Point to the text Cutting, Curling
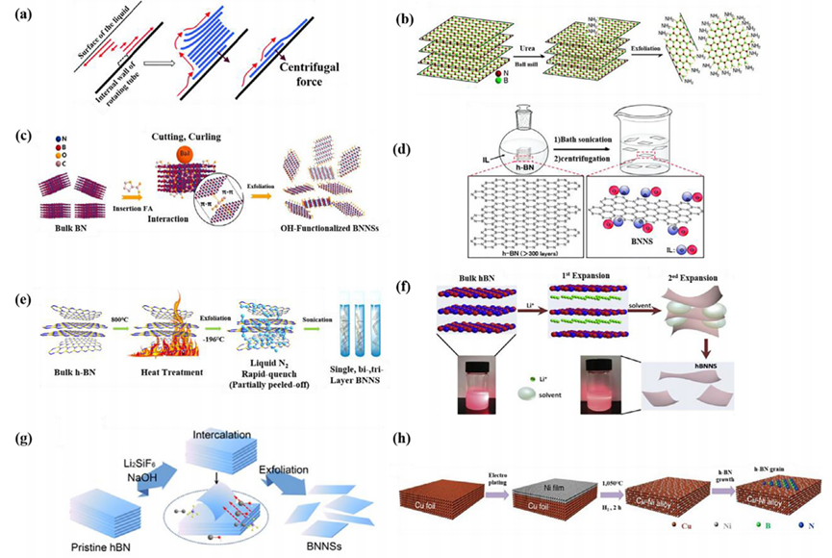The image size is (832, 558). (183, 141)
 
